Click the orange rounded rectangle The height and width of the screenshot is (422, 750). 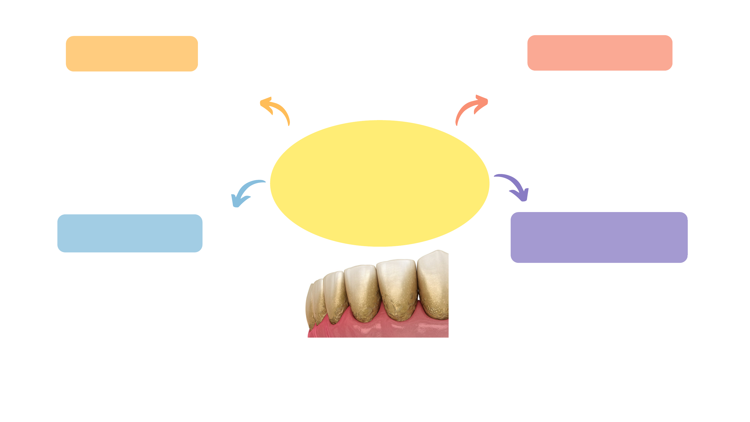[x=132, y=54]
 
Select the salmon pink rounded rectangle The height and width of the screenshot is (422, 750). [x=599, y=53]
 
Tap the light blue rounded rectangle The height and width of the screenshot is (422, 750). [x=130, y=233]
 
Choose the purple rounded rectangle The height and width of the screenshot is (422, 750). [x=599, y=237]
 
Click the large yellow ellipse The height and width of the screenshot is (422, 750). [x=379, y=183]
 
